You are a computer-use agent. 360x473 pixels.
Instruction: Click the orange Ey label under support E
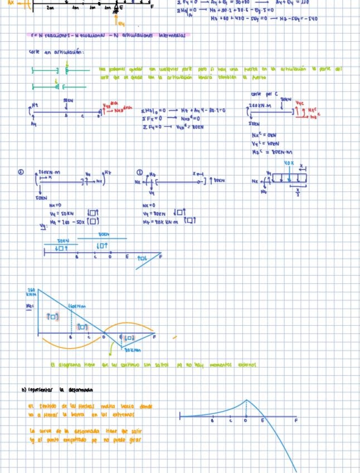[122, 23]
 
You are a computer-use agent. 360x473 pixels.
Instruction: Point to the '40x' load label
[289, 163]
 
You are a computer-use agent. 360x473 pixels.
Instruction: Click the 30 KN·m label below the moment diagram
[131, 350]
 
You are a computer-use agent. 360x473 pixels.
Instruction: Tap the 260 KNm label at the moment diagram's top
[32, 292]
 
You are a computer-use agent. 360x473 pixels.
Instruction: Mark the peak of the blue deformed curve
[246, 400]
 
